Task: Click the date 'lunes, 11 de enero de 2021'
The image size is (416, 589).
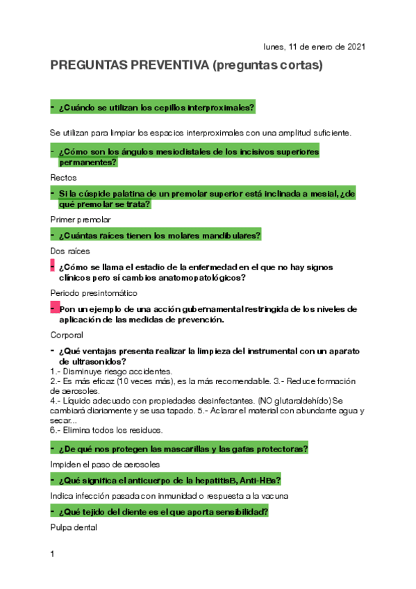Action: (x=314, y=47)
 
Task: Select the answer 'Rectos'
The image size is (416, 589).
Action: (x=64, y=178)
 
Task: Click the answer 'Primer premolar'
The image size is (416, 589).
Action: (x=81, y=219)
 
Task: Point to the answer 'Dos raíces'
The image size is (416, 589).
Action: (x=70, y=250)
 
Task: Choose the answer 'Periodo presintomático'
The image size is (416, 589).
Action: (x=94, y=292)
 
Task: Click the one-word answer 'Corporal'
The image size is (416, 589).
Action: (x=68, y=334)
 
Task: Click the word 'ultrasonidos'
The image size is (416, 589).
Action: (x=94, y=362)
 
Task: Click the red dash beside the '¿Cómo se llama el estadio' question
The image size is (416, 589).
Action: (x=53, y=266)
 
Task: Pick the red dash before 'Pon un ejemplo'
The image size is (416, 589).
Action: (x=53, y=308)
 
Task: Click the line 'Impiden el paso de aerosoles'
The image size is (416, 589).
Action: (x=105, y=464)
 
